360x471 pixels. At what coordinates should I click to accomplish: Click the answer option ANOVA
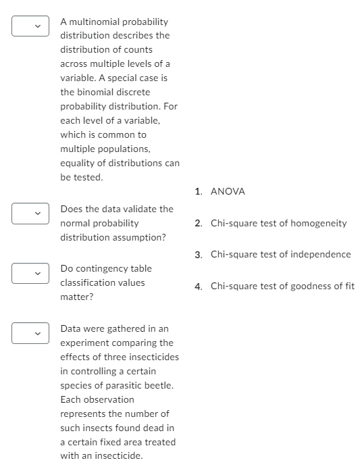[x=228, y=191]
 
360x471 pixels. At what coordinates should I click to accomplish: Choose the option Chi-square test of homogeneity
[x=278, y=223]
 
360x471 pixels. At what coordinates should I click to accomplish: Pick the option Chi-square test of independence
[x=280, y=254]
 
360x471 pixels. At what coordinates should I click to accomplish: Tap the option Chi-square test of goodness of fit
[x=282, y=286]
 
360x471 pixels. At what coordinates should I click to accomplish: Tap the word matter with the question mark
[x=76, y=297]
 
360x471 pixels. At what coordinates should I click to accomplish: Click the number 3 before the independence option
[x=198, y=255]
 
